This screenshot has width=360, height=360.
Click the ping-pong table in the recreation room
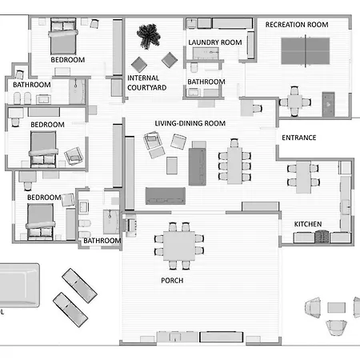pyautogui.click(x=306, y=51)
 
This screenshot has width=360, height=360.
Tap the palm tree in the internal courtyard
pyautogui.click(x=148, y=36)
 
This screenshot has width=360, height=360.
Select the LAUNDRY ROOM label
pyautogui.click(x=215, y=42)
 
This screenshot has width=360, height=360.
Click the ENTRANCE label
pyautogui.click(x=299, y=138)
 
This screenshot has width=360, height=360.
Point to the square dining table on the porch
pyautogui.click(x=179, y=246)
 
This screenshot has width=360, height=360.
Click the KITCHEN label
pyautogui.click(x=308, y=224)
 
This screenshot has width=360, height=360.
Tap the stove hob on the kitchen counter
pyautogui.click(x=322, y=237)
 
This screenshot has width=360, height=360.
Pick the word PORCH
pyautogui.click(x=172, y=281)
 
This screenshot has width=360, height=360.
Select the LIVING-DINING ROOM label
pyautogui.click(x=190, y=123)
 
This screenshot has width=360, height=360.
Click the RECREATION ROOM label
pyautogui.click(x=297, y=25)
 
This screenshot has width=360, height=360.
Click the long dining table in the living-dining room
pyautogui.click(x=234, y=166)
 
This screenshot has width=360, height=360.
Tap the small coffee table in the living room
pyautogui.click(x=172, y=166)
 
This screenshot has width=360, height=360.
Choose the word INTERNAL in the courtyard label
pyautogui.click(x=143, y=78)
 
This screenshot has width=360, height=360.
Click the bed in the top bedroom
pyautogui.click(x=63, y=37)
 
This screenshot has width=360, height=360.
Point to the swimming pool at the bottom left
pyautogui.click(x=19, y=286)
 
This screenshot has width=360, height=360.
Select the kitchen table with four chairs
pyautogui.click(x=303, y=177)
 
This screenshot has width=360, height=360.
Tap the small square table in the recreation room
pyautogui.click(x=294, y=102)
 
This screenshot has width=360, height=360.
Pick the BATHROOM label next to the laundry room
pyautogui.click(x=206, y=82)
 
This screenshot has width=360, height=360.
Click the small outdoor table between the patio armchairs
pyautogui.click(x=336, y=307)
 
